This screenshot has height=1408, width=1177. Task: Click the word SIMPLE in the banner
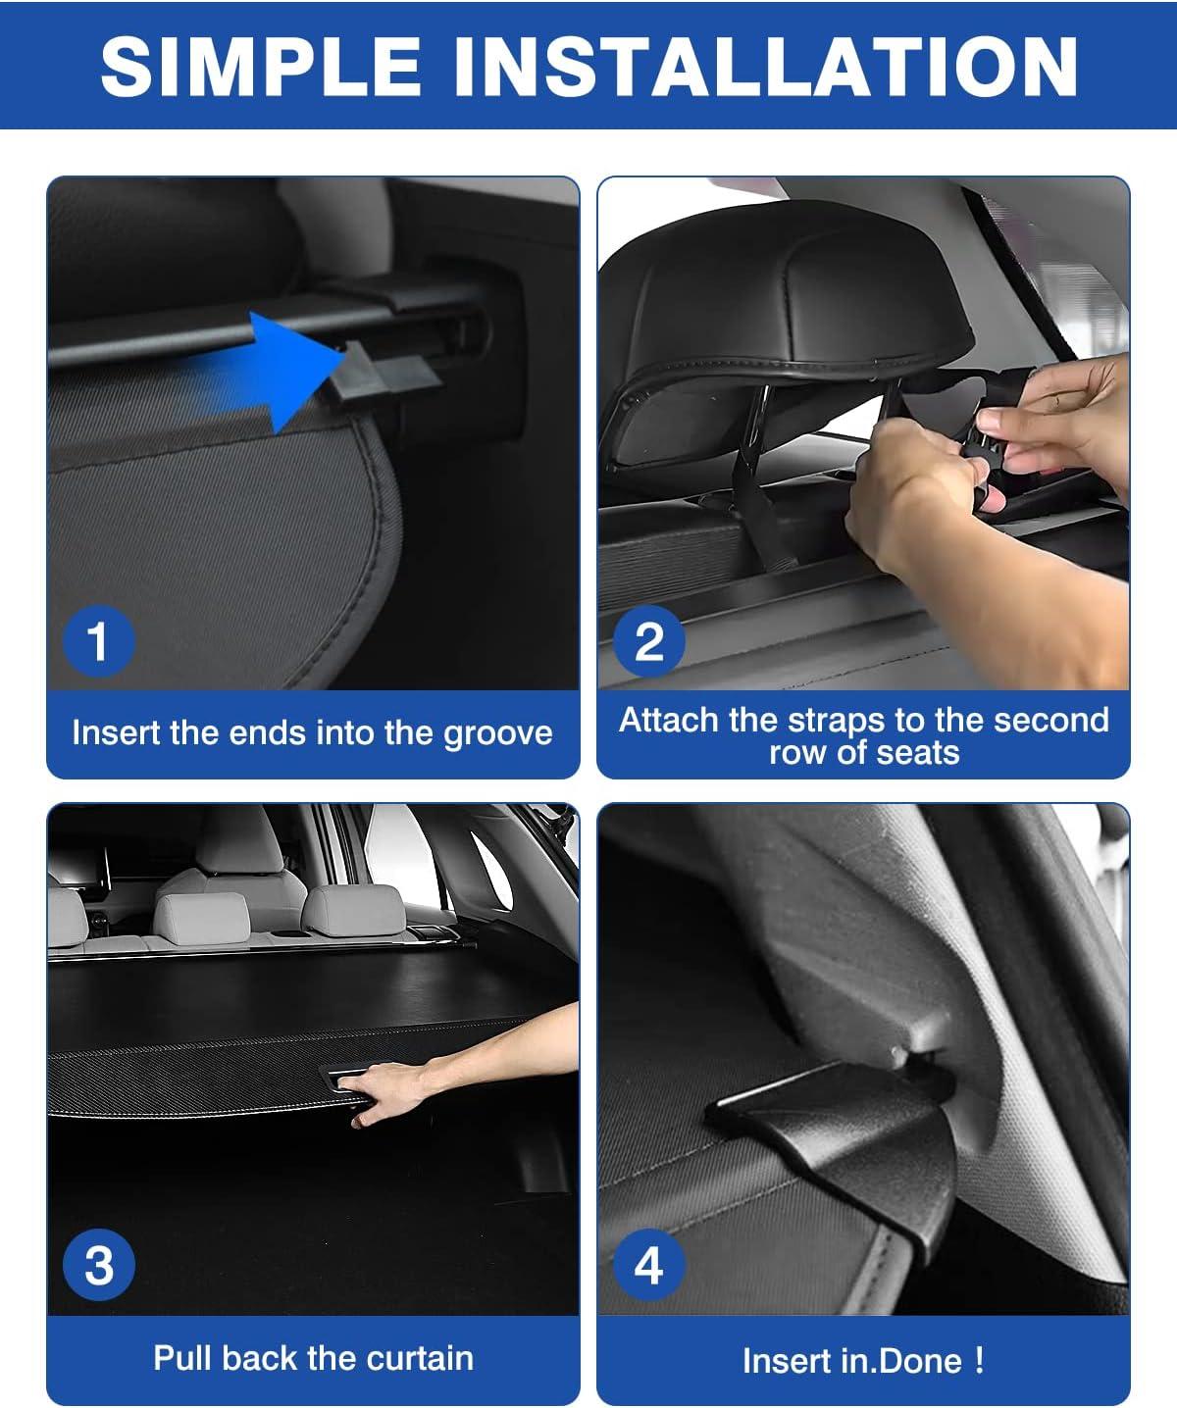(x=261, y=66)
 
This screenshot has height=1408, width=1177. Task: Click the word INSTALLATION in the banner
(x=766, y=66)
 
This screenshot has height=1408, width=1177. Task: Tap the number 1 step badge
(x=98, y=641)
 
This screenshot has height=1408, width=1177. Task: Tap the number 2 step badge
(x=649, y=641)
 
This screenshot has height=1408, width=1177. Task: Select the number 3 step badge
(x=98, y=1265)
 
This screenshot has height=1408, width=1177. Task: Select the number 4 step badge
(x=649, y=1265)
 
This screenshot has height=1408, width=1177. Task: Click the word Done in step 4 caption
(x=921, y=1361)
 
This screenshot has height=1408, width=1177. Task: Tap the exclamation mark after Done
(x=979, y=1360)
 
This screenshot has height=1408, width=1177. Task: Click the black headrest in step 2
(x=786, y=297)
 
